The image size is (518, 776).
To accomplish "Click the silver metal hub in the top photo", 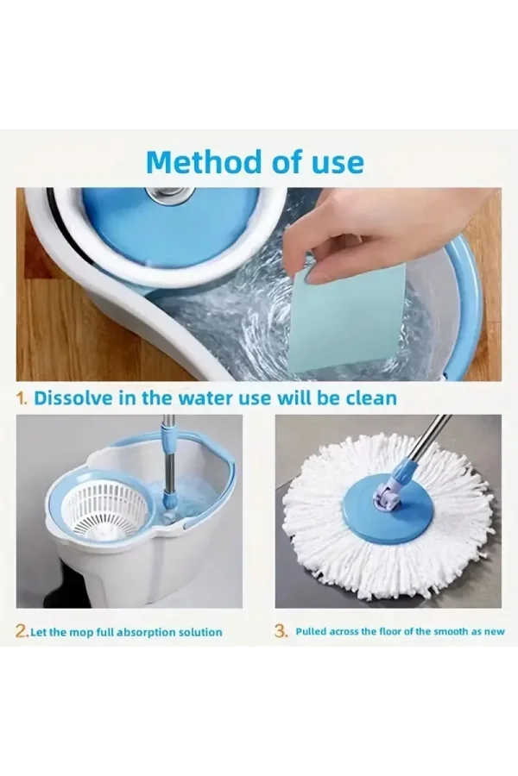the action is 169,196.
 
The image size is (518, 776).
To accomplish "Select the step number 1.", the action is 22,397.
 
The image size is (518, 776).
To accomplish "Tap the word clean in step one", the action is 371,397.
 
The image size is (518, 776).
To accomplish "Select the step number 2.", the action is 22,631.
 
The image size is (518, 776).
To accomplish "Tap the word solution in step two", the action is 205,632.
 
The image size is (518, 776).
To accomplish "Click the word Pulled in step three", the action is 311,631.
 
